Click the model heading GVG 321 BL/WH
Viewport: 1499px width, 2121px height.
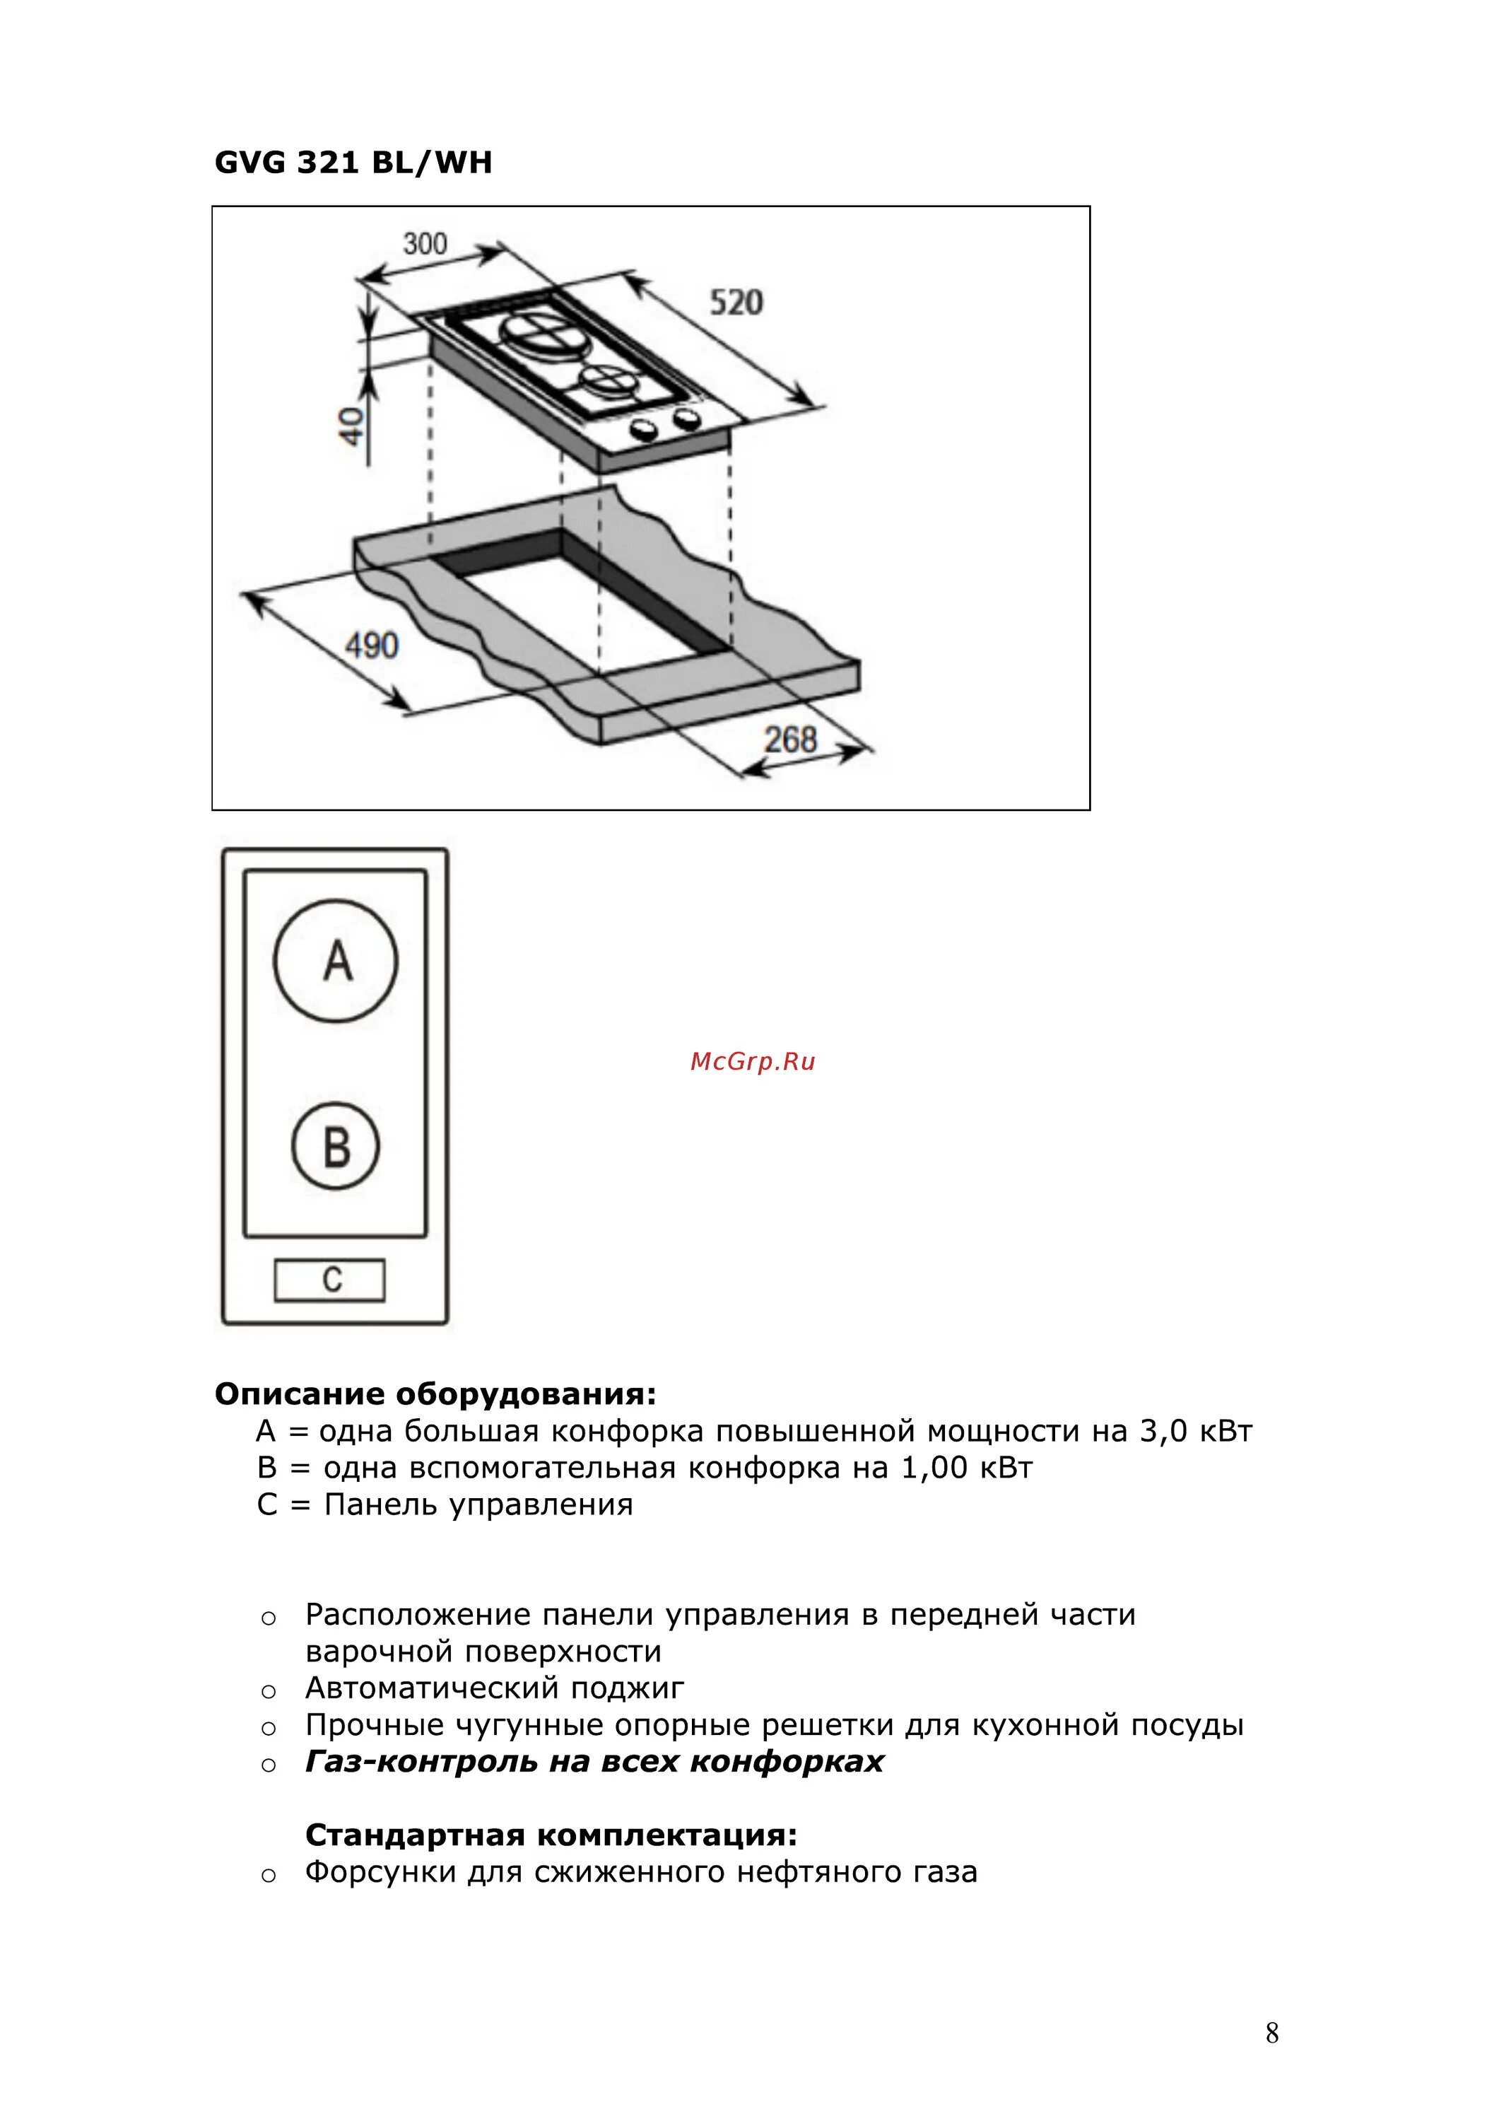point(353,163)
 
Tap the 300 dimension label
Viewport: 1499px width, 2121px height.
point(425,244)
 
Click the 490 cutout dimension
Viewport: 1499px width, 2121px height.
point(371,645)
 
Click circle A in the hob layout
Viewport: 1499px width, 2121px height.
point(336,961)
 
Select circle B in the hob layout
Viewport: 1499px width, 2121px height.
point(336,1147)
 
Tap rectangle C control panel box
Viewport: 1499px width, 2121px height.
point(330,1280)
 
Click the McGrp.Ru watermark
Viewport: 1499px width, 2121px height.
point(753,1061)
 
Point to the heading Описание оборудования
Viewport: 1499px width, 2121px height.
point(435,1394)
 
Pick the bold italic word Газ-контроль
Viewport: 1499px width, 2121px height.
point(421,1762)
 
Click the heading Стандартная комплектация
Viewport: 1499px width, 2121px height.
point(551,1835)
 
